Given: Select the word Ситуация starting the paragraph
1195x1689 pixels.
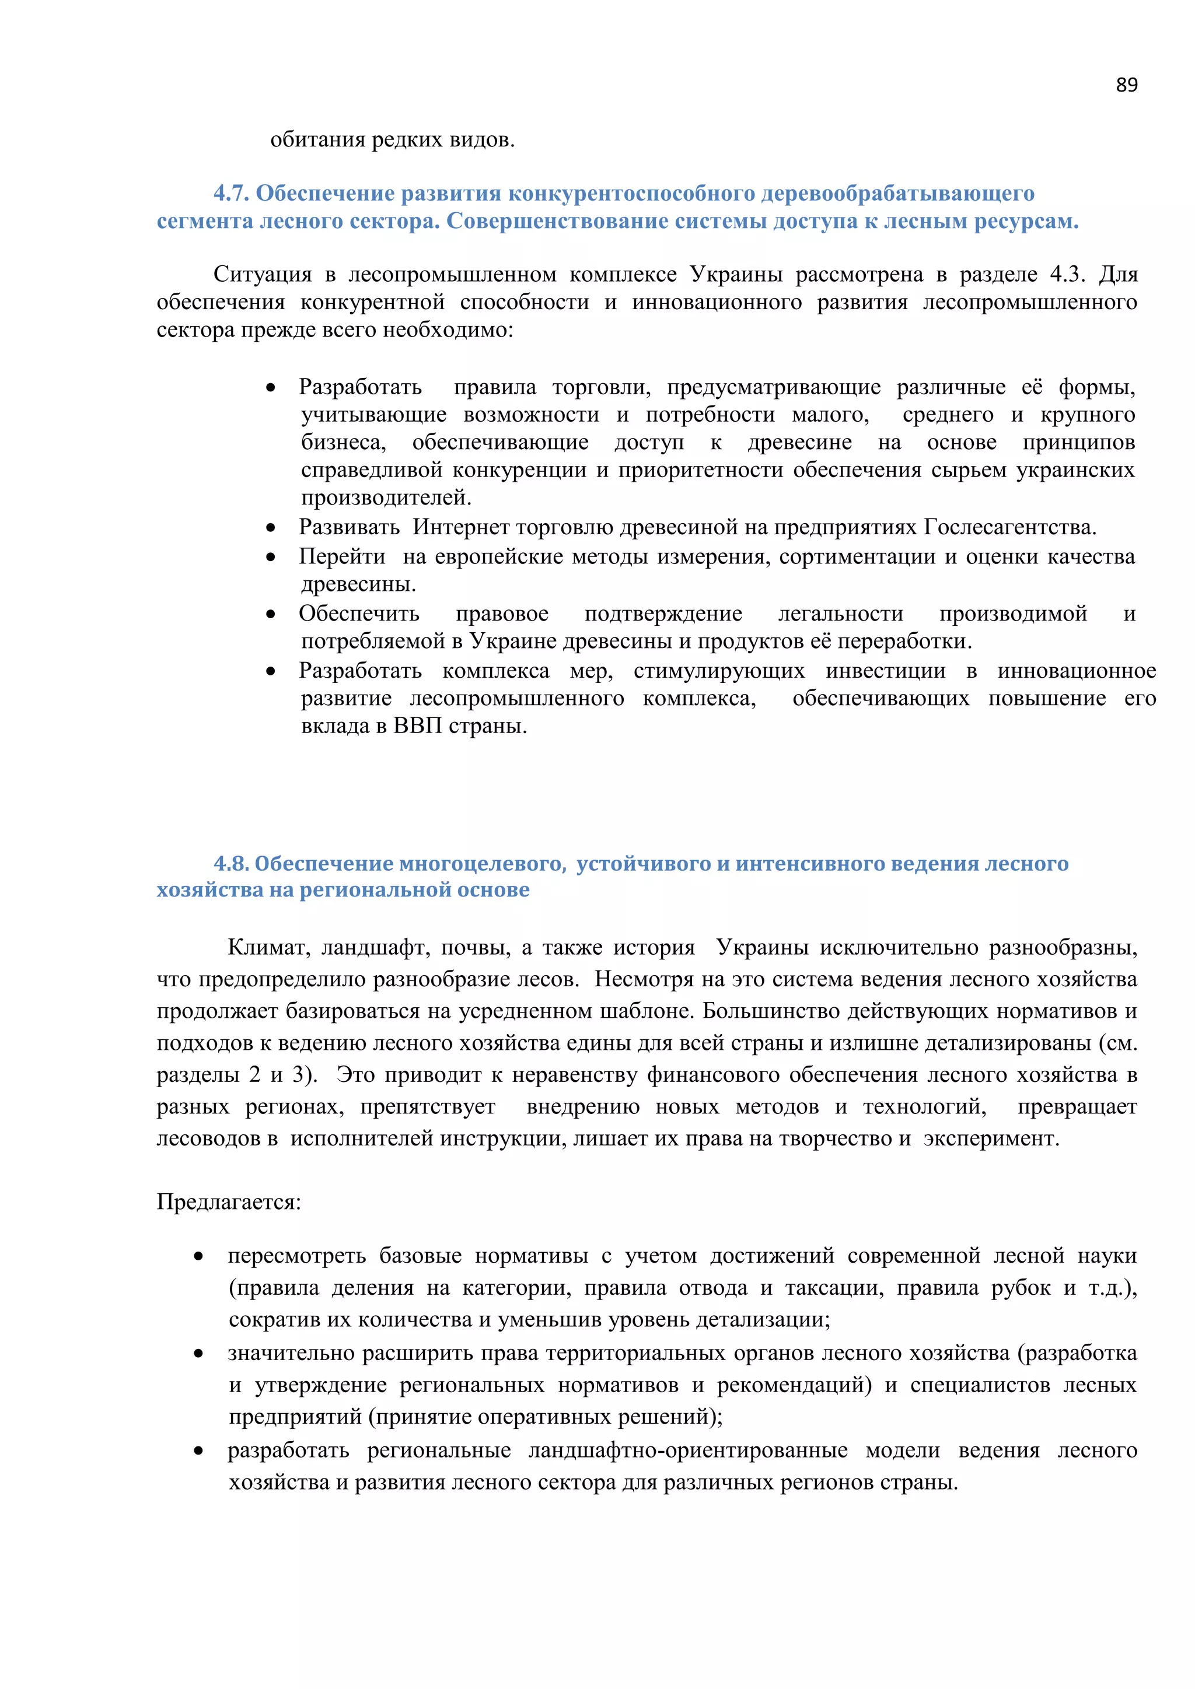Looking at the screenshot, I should (x=263, y=274).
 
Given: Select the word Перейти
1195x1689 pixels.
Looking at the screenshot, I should (x=341, y=557).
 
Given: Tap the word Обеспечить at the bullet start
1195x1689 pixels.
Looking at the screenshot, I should (x=358, y=614).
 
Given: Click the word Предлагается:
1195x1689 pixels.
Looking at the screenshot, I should (x=229, y=1202).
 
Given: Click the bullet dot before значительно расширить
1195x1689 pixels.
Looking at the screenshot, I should (x=198, y=1354).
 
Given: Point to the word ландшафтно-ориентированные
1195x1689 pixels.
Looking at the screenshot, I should (x=688, y=1450).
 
